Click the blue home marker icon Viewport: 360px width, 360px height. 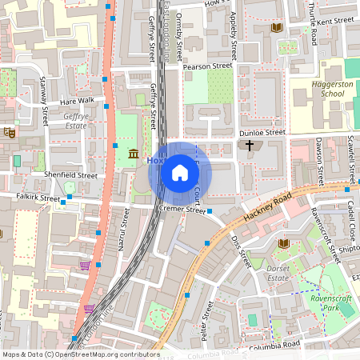179,172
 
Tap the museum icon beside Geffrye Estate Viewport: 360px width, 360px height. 133,153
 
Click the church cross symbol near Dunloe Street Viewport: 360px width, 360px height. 250,146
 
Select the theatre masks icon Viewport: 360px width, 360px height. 9,132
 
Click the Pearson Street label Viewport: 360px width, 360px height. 206,68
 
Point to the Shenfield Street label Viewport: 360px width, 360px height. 70,174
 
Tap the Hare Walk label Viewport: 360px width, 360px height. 77,102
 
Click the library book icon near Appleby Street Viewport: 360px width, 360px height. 277,28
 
